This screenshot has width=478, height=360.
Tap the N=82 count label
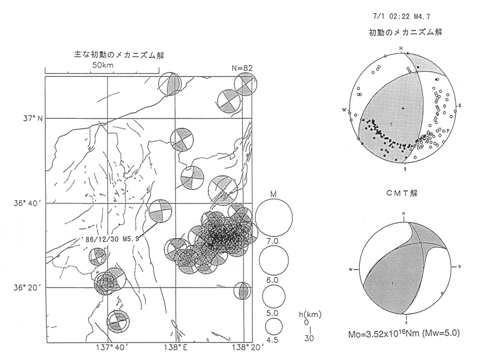pos(236,67)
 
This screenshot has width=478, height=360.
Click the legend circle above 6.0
pos(274,258)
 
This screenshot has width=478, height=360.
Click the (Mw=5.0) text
pos(440,332)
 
